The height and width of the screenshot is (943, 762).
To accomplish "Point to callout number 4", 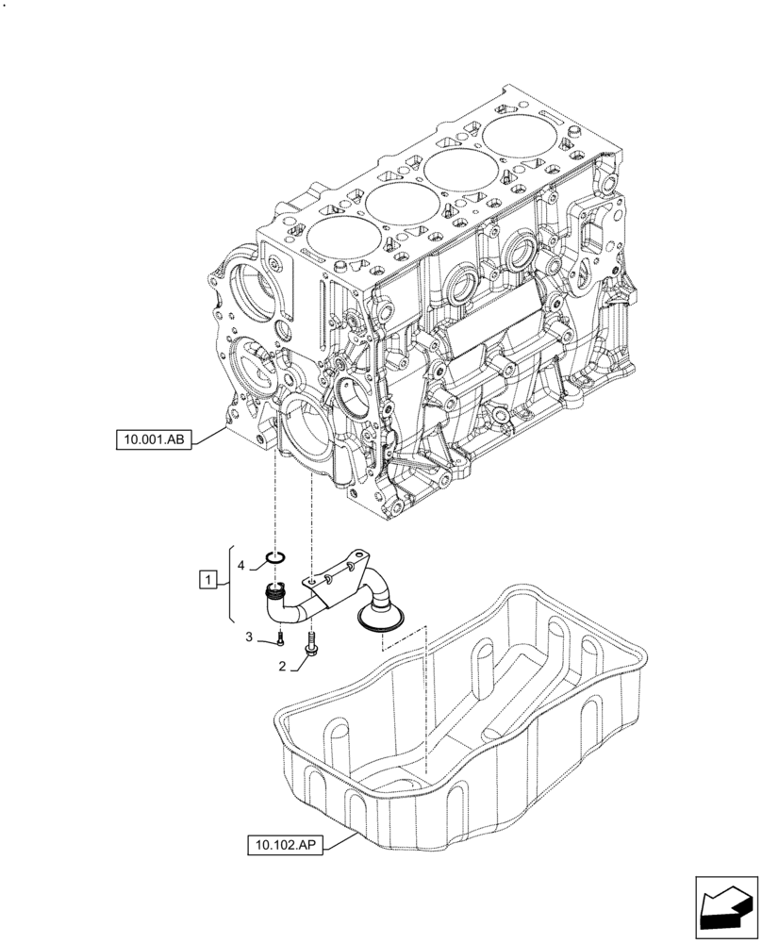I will pos(241,565).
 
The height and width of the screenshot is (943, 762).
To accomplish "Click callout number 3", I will pos(249,637).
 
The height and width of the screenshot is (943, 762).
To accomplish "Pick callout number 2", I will pos(282,667).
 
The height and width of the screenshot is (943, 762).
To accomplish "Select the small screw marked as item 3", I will pos(280,642).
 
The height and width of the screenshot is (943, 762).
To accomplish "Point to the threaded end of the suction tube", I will pos(275,592).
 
